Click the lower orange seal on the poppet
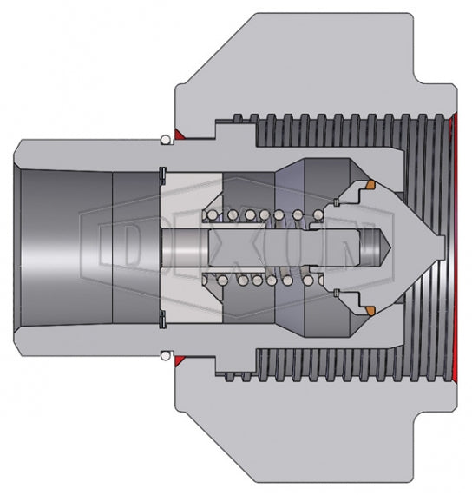(x=368, y=310)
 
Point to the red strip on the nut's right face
(x=454, y=247)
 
